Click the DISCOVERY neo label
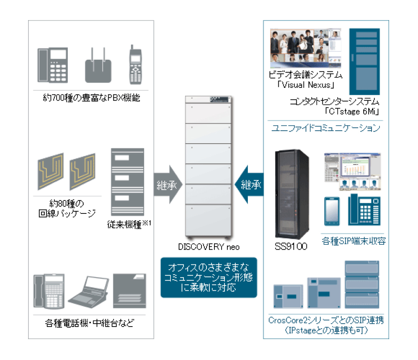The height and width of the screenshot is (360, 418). click(x=209, y=247)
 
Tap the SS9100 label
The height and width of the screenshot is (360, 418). click(x=291, y=246)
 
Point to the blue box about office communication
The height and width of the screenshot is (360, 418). click(x=209, y=277)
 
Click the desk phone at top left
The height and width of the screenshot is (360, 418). click(x=53, y=65)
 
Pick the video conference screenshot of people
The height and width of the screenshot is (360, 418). click(x=306, y=48)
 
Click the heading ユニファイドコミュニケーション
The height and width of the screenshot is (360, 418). click(x=326, y=128)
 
